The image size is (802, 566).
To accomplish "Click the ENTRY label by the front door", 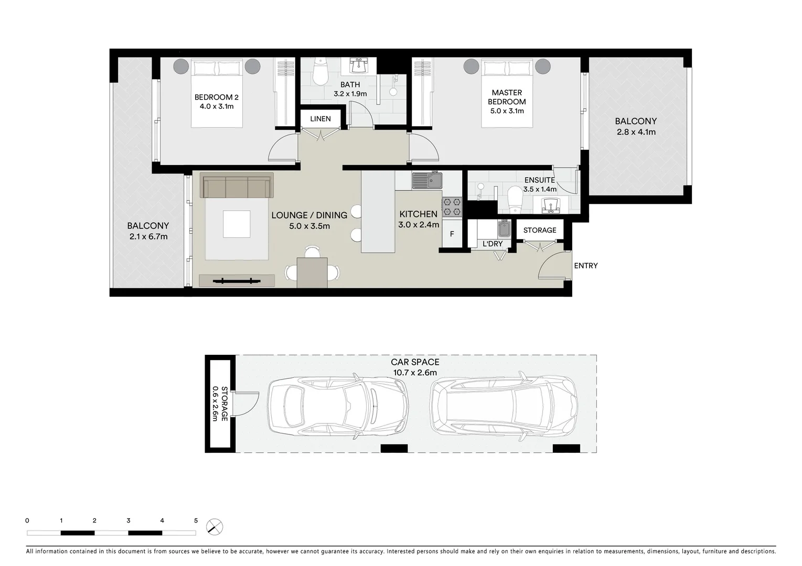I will point(585,266).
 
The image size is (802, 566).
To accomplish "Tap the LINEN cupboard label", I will point(320,119).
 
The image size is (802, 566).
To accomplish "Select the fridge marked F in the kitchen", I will point(452,234).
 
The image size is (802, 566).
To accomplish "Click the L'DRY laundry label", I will point(493,244).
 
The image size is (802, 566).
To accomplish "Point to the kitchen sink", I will point(427,181).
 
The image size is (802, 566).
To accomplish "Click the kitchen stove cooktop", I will point(452,206).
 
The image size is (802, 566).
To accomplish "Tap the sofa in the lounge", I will point(236,186).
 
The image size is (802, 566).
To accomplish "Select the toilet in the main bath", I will point(319,73).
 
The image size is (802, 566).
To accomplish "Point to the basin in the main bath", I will point(359,67).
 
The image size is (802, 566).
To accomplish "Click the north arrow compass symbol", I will point(214,526).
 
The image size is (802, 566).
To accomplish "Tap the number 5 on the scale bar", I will point(196,521).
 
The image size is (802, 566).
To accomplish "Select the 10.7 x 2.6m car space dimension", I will point(415,373).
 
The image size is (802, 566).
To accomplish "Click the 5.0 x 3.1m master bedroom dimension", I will point(507,111).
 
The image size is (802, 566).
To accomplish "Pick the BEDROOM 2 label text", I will point(216,97).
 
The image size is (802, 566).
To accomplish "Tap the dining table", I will point(312,273).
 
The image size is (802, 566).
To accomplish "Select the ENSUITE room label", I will point(539,180).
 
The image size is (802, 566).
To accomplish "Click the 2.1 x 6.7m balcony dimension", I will point(148,237).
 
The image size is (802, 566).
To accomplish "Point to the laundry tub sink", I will point(504,229).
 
